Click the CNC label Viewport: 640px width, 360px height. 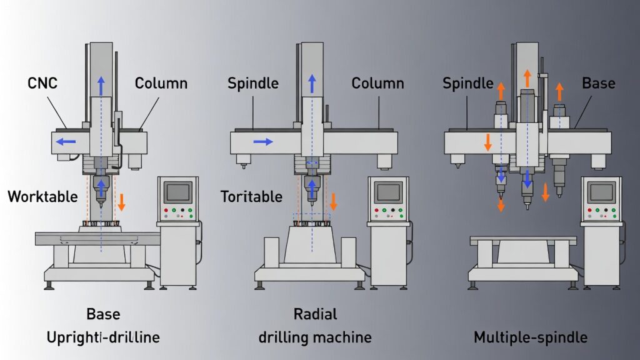43,83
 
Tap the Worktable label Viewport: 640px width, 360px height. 42,196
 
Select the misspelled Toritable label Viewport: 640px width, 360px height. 251,196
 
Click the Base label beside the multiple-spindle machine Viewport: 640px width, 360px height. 599,83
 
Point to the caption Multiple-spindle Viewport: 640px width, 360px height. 530,337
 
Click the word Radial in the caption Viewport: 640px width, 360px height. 315,314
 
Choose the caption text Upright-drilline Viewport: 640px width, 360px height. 103,337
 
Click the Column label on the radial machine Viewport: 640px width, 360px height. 377,83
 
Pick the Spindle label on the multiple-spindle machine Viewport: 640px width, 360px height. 468,83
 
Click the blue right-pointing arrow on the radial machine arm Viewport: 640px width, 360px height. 263,142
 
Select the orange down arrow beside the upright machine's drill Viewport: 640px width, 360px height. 122,201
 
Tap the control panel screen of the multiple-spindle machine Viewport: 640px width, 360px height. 601,192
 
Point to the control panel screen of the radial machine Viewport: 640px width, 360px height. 389,192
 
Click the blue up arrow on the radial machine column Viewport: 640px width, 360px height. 311,83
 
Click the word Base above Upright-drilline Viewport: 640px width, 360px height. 103,314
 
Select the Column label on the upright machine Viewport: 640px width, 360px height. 161,83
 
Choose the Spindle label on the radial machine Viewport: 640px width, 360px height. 252,83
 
